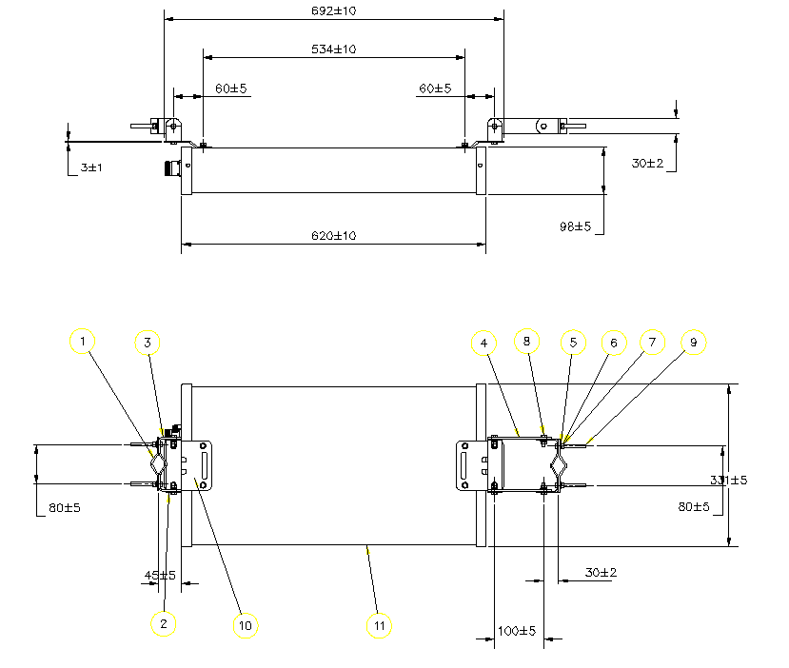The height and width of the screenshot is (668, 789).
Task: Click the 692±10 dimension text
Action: [334, 10]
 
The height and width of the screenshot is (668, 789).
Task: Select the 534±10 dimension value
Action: [334, 49]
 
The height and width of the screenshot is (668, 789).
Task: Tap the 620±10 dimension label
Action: [334, 235]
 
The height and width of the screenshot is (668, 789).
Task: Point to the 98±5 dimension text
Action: [575, 226]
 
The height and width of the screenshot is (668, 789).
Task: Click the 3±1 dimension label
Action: [91, 167]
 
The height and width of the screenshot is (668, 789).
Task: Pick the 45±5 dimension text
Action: [160, 575]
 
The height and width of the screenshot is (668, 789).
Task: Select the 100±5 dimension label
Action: [518, 631]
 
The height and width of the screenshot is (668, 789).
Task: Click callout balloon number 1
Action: [84, 340]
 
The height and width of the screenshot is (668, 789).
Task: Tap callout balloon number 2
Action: [164, 623]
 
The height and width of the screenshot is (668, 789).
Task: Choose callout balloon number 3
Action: [148, 342]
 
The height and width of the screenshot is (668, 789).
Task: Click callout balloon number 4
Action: [484, 342]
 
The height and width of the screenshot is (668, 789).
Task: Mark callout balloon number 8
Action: [527, 340]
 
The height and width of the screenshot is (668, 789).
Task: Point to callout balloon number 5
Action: [573, 342]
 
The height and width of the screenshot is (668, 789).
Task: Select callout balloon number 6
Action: [613, 342]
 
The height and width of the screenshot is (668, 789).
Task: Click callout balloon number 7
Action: [651, 342]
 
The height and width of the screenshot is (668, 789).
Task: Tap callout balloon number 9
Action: [694, 342]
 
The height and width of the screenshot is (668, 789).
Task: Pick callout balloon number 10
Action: [246, 624]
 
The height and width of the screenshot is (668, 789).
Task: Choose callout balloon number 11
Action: [379, 624]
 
